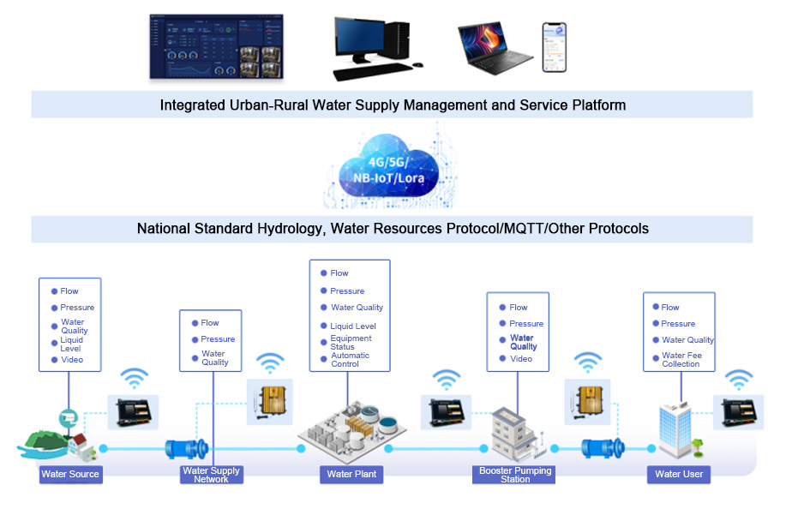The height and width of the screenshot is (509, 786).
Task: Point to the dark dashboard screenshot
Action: [x=216, y=46]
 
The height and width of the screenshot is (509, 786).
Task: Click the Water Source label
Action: [x=70, y=474]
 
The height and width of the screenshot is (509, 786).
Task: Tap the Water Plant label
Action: [x=351, y=474]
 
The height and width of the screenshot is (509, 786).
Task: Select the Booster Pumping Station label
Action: [x=515, y=475]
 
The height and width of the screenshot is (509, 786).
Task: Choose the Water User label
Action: [x=679, y=474]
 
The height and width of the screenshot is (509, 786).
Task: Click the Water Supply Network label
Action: [x=212, y=475]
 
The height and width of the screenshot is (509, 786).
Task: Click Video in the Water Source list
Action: [x=72, y=360]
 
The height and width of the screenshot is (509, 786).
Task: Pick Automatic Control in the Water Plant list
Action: [x=350, y=360]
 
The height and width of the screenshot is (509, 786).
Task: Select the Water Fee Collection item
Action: [x=681, y=360]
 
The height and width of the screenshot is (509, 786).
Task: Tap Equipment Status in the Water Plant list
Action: [x=351, y=343]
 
